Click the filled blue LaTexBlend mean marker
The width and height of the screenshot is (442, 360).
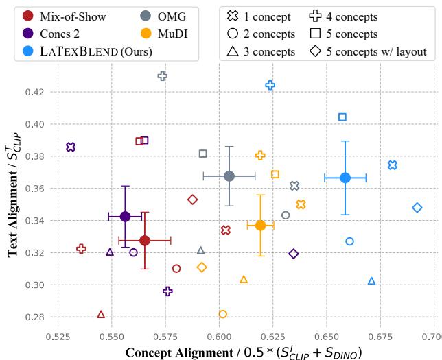[345, 178]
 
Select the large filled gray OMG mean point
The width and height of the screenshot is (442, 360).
[229, 176]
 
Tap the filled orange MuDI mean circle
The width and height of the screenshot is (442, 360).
[260, 225]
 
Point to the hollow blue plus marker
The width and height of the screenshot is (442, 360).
[270, 85]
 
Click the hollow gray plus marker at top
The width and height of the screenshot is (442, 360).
[163, 76]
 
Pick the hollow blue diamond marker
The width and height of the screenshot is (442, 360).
[417, 207]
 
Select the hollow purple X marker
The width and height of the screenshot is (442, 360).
[71, 147]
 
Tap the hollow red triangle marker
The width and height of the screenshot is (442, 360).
[101, 314]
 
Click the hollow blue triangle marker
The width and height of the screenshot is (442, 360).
[371, 281]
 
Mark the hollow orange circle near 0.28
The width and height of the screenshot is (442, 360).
[222, 314]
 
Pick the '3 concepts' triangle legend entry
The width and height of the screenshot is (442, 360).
[261, 51]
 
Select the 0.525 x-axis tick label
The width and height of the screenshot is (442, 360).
[57, 338]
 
